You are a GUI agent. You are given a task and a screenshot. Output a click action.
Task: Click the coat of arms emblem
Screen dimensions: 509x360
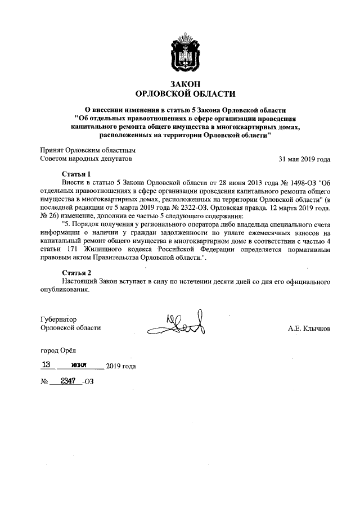pyautogui.click(x=179, y=53)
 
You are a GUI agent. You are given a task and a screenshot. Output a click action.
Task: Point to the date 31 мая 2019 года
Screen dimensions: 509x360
pyautogui.click(x=304, y=159)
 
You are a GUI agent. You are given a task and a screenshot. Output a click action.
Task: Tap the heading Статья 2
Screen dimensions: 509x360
pyautogui.click(x=76, y=272)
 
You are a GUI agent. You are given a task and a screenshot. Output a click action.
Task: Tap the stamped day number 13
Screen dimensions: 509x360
pyautogui.click(x=47, y=364)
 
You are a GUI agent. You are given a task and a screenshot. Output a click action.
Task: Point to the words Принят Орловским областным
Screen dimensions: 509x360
pyautogui.click(x=87, y=150)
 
